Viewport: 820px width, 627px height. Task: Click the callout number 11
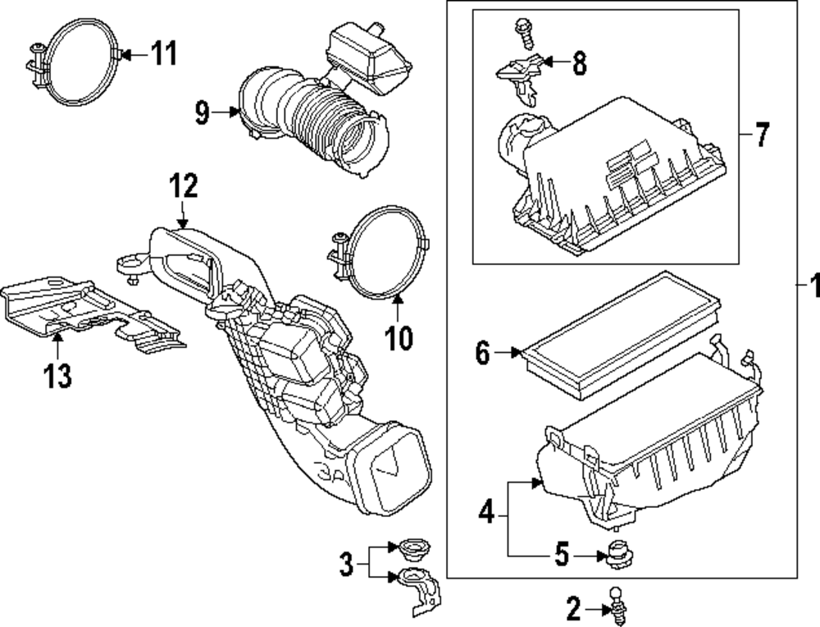(x=164, y=55)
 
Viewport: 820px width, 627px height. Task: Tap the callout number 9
(x=203, y=113)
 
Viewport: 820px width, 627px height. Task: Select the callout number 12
(x=183, y=186)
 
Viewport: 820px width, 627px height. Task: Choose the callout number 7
(x=762, y=133)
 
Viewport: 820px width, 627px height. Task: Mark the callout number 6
(x=483, y=354)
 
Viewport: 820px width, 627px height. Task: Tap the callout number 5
(x=561, y=556)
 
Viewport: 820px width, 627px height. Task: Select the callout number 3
(x=347, y=565)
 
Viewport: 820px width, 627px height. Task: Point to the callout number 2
(x=573, y=608)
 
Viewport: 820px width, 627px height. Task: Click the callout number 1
(x=812, y=287)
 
